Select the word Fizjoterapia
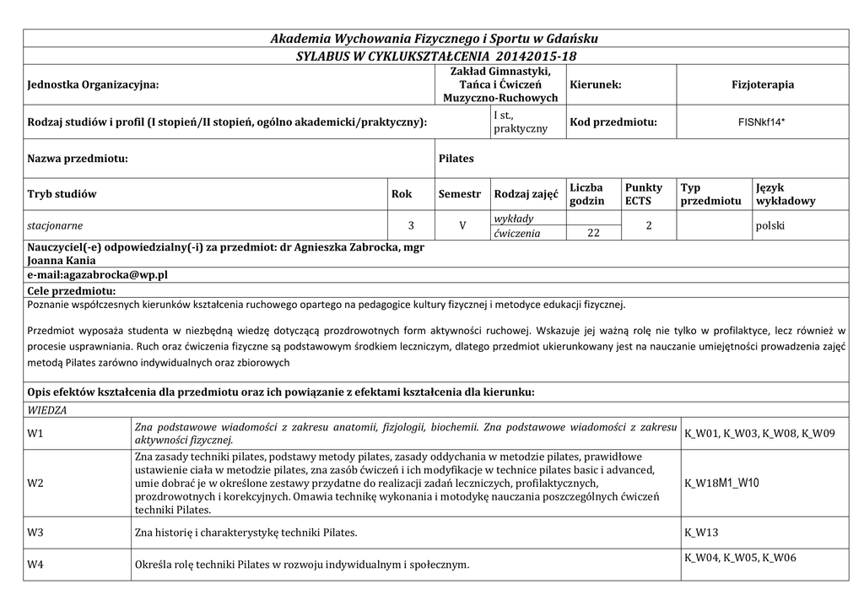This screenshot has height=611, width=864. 763,84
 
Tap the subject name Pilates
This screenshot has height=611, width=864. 456,159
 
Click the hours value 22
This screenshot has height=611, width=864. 592,233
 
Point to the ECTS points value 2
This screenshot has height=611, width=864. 647,226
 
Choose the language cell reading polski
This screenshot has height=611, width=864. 771,226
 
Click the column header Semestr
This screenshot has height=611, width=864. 459,194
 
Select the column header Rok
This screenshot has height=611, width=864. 402,194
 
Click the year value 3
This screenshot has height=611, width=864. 411,226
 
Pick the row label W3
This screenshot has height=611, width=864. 35,533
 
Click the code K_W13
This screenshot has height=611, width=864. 701,533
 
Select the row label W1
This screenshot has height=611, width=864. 35,434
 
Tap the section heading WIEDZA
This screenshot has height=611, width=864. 47,410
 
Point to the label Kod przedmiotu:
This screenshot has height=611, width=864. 613,122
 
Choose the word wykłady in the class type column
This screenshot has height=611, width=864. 514,219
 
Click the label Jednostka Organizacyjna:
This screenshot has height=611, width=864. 93,84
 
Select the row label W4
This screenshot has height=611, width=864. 35,564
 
